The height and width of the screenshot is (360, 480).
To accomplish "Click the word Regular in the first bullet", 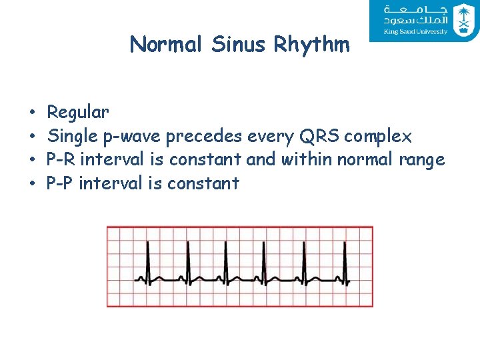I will click(x=78, y=112).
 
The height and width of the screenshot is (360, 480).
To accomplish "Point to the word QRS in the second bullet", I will click(x=321, y=137).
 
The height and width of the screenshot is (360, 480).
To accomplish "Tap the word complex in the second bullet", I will click(x=379, y=137).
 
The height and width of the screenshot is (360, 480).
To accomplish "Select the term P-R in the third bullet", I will click(x=59, y=160).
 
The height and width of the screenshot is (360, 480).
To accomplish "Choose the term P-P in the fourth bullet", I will click(x=60, y=183).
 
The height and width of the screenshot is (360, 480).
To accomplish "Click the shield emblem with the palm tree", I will click(x=462, y=19).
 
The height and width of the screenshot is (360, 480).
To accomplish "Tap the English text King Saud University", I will click(x=415, y=31).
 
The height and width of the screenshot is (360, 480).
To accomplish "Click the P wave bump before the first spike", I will click(x=141, y=276).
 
